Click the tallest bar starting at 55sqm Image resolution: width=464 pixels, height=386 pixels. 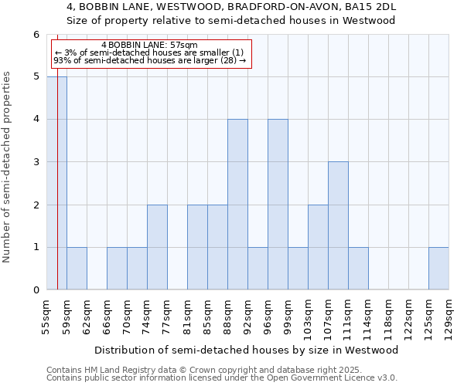(x=56, y=183)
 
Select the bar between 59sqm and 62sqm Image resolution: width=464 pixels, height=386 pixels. (x=77, y=269)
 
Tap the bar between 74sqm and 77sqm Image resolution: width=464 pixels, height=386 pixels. (x=157, y=247)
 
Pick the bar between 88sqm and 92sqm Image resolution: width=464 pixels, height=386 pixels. (x=237, y=205)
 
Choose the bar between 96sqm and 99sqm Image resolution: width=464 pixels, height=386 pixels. (x=278, y=205)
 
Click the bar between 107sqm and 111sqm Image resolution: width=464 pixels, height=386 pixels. (x=338, y=225)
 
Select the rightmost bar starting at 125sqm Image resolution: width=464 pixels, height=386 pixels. (x=438, y=269)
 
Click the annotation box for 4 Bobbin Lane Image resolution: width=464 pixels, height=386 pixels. (x=151, y=52)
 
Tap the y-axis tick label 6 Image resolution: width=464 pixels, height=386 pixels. (x=36, y=34)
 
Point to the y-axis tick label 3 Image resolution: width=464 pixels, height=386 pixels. (x=36, y=162)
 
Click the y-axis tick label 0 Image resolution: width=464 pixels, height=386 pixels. (x=36, y=290)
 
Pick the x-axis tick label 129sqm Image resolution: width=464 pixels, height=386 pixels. (x=449, y=317)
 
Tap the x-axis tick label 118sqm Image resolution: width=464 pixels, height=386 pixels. (x=389, y=317)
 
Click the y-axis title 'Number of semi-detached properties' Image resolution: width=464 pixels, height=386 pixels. (x=8, y=167)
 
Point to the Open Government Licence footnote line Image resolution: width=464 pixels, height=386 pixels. (x=222, y=378)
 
